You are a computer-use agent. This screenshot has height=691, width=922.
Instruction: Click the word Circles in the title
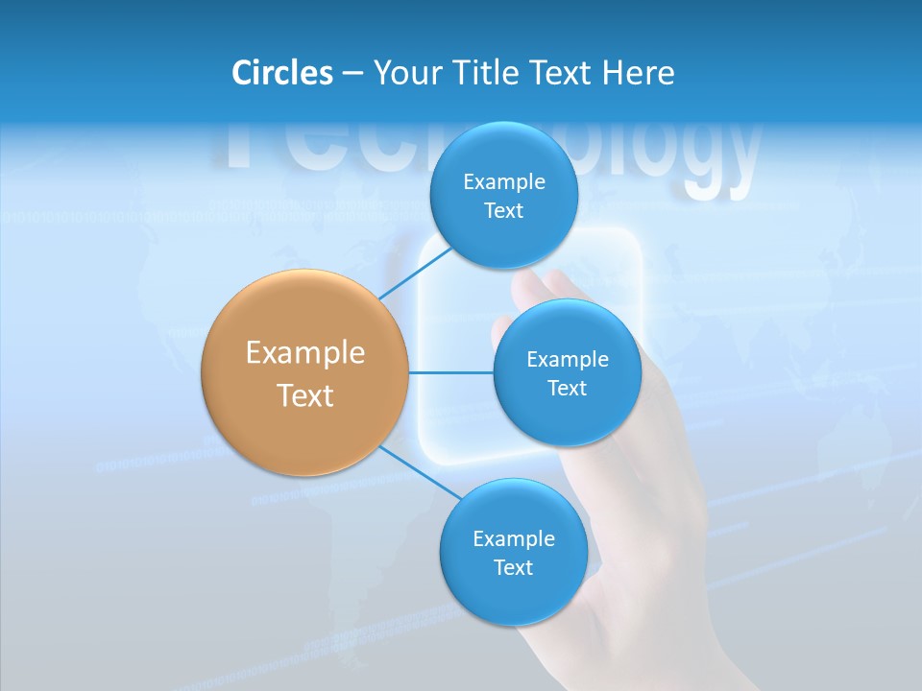pos(281,73)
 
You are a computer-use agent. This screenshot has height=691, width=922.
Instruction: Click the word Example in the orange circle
pos(305,353)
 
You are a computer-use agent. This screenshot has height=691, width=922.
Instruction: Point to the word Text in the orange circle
pos(305,395)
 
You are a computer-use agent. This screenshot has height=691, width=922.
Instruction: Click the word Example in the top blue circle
pos(504,182)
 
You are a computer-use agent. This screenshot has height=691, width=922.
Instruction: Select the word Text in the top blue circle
pos(503,211)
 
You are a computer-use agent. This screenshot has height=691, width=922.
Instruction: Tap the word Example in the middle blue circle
pos(568,360)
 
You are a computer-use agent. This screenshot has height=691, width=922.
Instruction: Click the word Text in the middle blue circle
pos(567,389)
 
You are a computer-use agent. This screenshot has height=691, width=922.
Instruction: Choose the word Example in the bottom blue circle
pos(514,539)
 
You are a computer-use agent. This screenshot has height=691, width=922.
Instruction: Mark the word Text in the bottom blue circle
pos(513,568)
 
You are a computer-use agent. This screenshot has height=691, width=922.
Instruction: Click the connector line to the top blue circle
pos(415,273)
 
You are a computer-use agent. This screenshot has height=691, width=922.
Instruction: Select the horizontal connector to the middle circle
pos(451,372)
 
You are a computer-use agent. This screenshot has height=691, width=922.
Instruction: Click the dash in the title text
pos(352,73)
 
